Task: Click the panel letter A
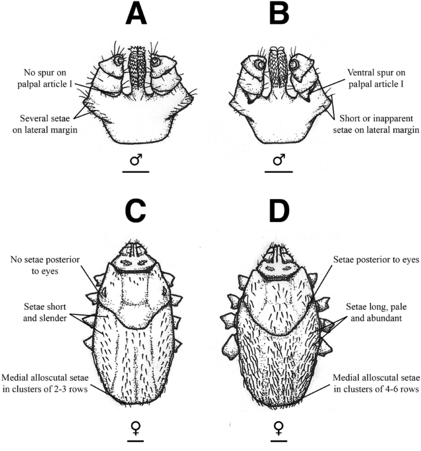point(136,15)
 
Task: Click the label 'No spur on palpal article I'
point(45,79)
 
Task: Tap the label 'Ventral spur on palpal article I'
point(376,79)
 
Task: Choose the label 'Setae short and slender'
point(45,313)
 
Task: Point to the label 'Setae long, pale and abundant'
point(376,313)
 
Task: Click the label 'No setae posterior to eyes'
point(45,265)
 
